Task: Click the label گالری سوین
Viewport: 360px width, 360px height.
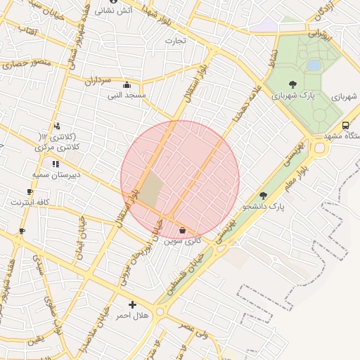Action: pos(183,240)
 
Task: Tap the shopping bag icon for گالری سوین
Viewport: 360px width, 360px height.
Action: pos(183,230)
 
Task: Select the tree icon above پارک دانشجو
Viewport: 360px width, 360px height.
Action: pos(264,195)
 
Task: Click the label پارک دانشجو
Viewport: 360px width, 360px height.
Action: pos(264,207)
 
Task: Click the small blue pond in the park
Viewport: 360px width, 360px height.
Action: pos(313,65)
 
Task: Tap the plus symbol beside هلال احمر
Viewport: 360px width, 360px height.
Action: pos(132,304)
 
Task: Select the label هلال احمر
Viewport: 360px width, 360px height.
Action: pos(133,316)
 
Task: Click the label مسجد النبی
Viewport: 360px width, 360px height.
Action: pos(127,94)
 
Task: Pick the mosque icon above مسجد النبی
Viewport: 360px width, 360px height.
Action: pos(127,84)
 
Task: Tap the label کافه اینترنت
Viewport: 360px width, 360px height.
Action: pos(30,202)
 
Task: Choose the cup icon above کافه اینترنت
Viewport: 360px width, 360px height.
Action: pos(30,191)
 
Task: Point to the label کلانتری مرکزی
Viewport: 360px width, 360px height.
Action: pos(58,148)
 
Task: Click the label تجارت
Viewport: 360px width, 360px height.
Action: pos(175,40)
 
